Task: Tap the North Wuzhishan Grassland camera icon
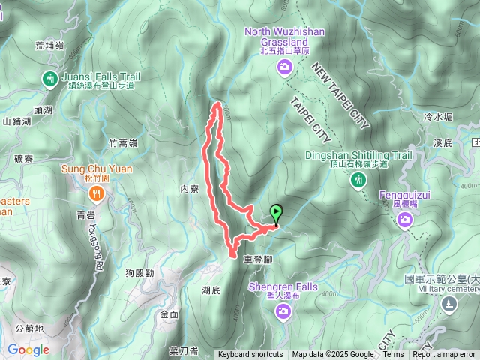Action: [284, 68]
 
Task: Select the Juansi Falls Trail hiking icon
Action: [51, 77]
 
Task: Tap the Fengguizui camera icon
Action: [406, 219]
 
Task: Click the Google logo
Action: [28, 349]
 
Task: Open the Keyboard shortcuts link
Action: [250, 355]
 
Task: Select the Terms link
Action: [393, 355]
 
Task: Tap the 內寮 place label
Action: [189, 190]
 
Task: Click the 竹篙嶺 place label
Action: [122, 142]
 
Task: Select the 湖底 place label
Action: [211, 289]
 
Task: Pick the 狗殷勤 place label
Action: [139, 272]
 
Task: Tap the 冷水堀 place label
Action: [438, 117]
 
